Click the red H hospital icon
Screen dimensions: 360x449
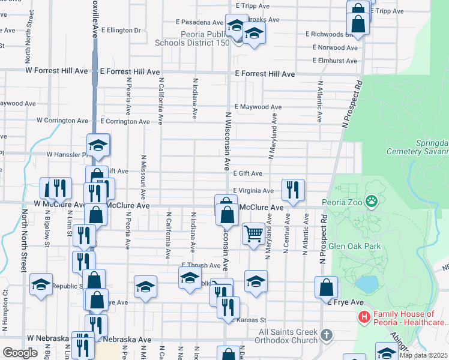pyautogui.click(x=363, y=317)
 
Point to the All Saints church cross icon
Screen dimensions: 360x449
pyautogui.click(x=326, y=334)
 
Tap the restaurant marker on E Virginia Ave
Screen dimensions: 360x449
pyautogui.click(x=293, y=189)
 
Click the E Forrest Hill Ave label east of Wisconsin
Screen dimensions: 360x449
pyautogui.click(x=265, y=74)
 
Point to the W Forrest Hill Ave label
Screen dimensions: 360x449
pyautogui.click(x=56, y=71)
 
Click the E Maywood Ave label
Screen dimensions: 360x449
pyautogui.click(x=258, y=107)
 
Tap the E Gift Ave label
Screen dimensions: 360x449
pyautogui.click(x=248, y=173)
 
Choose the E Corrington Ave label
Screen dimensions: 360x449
pyautogui.click(x=125, y=121)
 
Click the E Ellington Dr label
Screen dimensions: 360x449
pyautogui.click(x=121, y=29)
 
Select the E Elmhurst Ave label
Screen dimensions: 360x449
pyautogui.click(x=335, y=61)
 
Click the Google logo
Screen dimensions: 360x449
pyautogui.click(x=20, y=353)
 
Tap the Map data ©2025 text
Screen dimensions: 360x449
pyautogui.click(x=423, y=355)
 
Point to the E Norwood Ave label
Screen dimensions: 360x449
pyautogui.click(x=335, y=47)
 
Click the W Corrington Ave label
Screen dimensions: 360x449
pyautogui.click(x=62, y=121)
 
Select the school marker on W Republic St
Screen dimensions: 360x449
pyautogui.click(x=41, y=286)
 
